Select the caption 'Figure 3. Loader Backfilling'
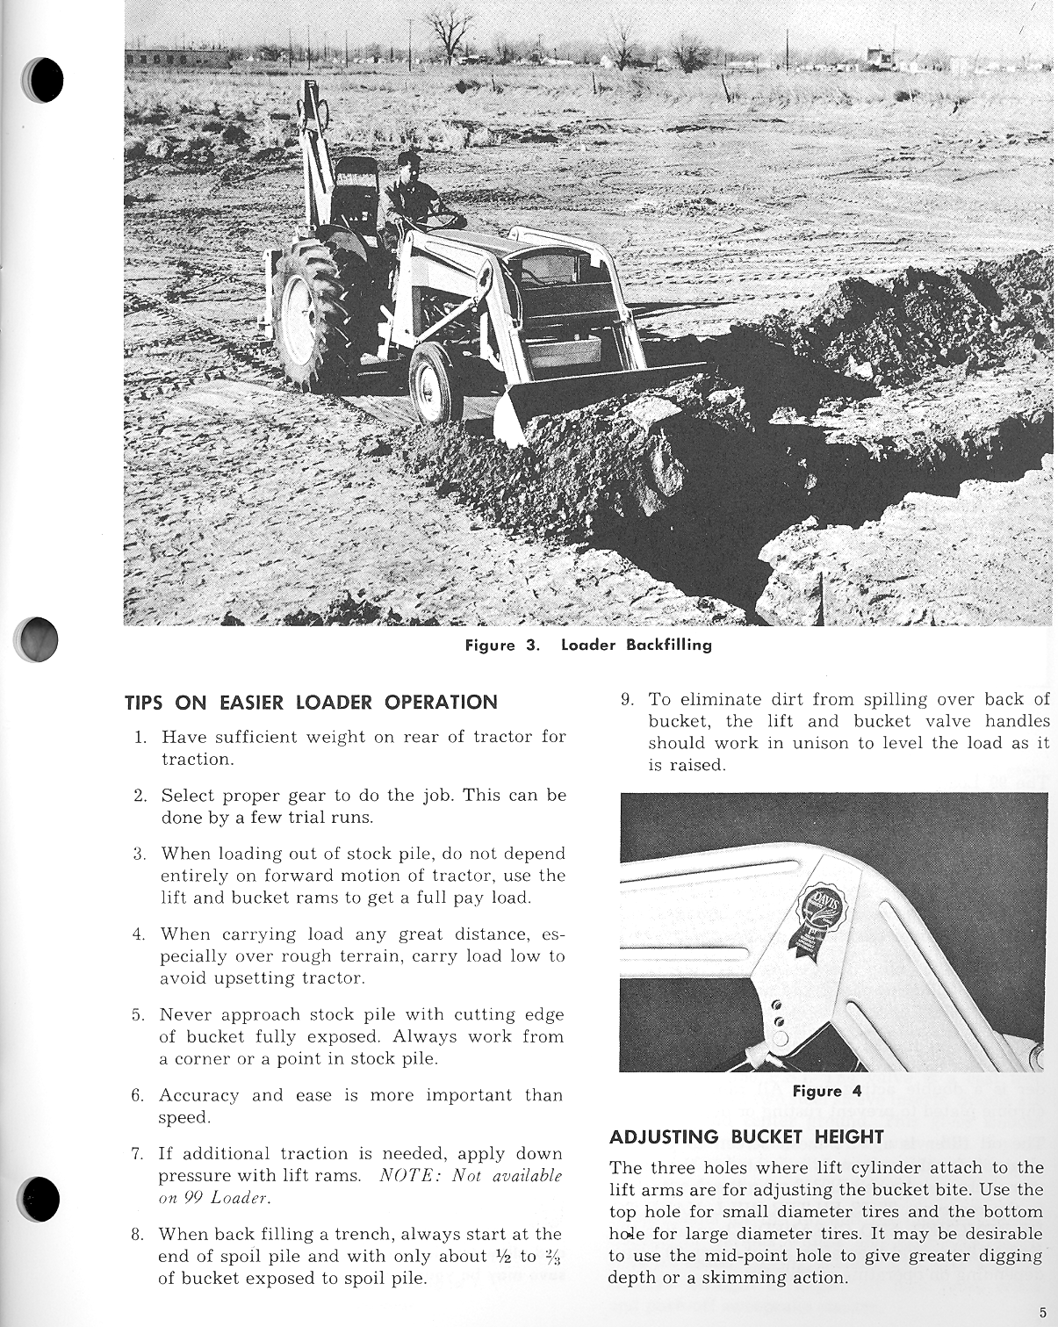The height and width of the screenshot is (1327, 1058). [588, 645]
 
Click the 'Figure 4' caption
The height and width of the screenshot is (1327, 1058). [827, 1092]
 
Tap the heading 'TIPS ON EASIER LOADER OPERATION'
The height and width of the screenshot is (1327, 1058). [312, 703]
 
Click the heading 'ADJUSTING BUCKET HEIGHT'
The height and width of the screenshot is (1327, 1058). [746, 1137]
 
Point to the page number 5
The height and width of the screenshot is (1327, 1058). [1042, 1313]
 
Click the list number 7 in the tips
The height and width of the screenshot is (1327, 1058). [138, 1154]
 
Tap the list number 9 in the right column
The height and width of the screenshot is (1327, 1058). [627, 700]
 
